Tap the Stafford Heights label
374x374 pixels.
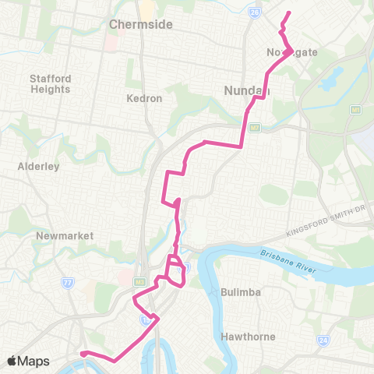[51, 84]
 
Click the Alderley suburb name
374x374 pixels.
[34, 166]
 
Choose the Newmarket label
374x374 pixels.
[65, 235]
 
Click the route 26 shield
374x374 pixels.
[254, 12]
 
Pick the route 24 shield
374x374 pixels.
[323, 340]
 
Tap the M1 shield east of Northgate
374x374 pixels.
[356, 110]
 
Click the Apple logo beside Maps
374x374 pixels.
[12, 361]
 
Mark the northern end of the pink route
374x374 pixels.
[289, 12]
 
